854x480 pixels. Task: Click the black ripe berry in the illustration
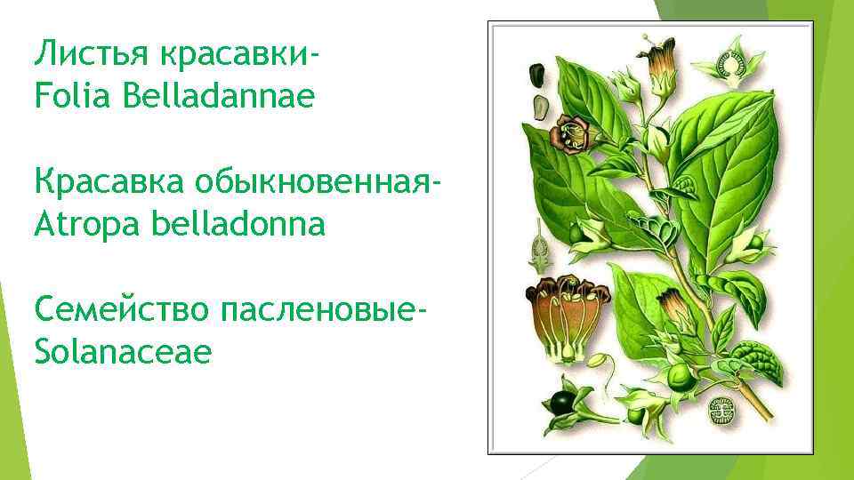pos(563,402)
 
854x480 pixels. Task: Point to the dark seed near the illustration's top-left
pos(537,74)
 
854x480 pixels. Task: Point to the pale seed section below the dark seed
pos(539,108)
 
